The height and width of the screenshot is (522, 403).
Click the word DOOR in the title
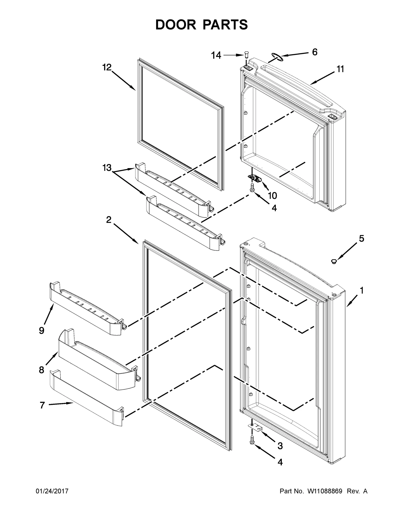click(176, 25)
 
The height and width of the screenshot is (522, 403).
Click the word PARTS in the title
click(225, 25)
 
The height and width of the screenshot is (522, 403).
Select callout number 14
click(216, 55)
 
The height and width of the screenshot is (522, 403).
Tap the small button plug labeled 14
click(247, 54)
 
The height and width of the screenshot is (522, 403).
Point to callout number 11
click(340, 69)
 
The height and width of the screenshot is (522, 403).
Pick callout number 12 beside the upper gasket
click(107, 67)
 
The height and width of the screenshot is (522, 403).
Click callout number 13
click(107, 168)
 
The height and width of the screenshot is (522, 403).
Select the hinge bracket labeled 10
click(255, 178)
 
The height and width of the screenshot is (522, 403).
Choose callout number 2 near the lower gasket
click(109, 220)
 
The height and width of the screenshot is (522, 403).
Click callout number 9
click(42, 330)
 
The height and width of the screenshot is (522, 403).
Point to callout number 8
click(42, 370)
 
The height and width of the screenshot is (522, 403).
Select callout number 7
click(42, 405)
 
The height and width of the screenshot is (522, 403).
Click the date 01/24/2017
click(52, 491)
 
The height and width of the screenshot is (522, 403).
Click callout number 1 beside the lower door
click(361, 291)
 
